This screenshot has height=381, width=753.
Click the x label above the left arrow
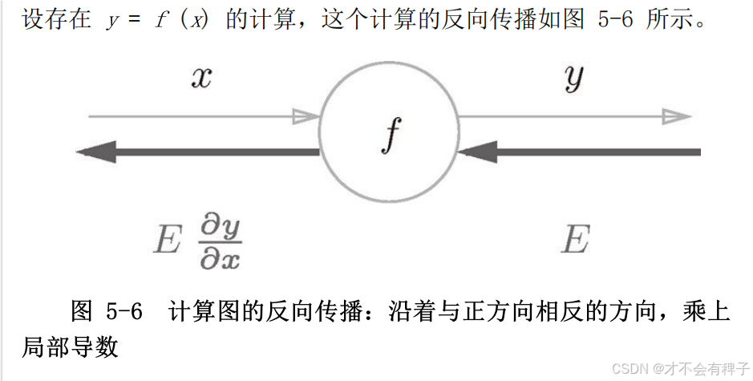201,79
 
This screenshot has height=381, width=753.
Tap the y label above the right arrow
573,79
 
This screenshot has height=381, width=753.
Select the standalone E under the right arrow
575,239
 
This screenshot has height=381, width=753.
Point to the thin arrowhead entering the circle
306,116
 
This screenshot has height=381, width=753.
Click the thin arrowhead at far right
677,116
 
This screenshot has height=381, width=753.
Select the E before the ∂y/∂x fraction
167,240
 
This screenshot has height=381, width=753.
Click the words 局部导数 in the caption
71,346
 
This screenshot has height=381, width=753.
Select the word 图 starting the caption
82,311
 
